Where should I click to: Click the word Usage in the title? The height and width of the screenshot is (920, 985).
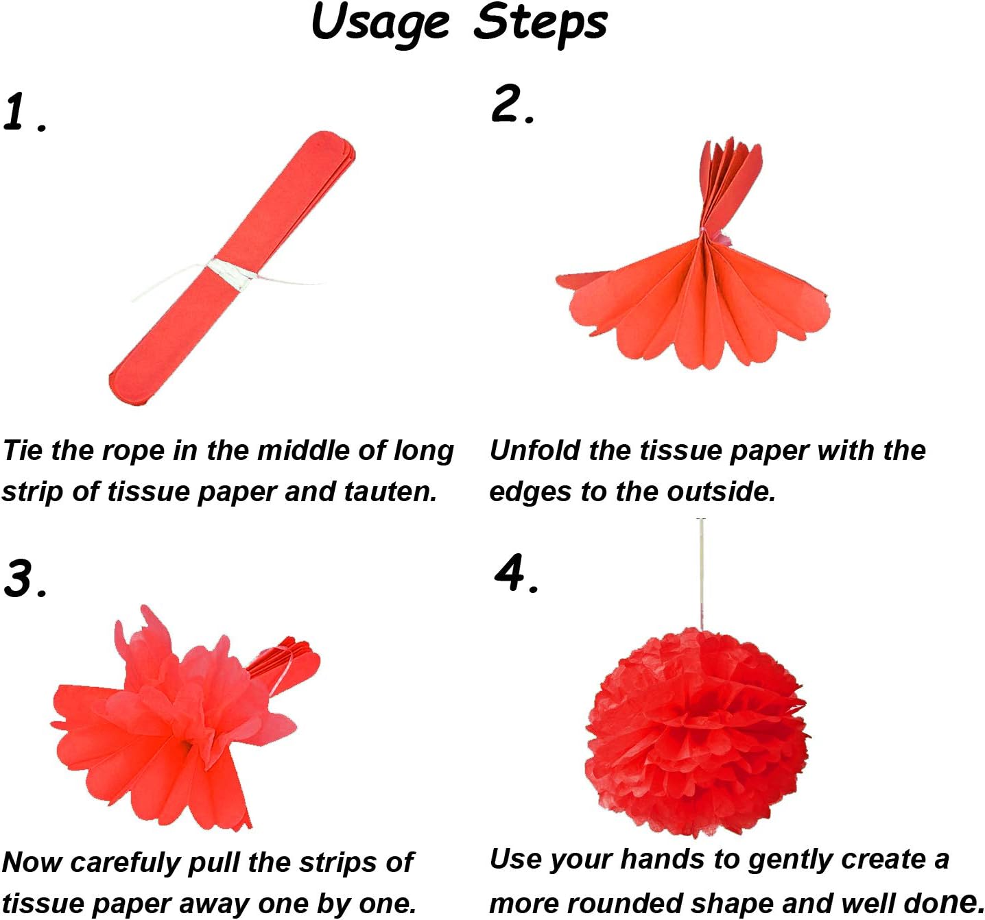(x=380, y=23)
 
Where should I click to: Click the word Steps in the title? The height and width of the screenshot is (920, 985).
(x=541, y=23)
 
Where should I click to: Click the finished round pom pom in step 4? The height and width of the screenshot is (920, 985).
(x=696, y=734)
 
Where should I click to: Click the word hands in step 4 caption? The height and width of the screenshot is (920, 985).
(x=658, y=860)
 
